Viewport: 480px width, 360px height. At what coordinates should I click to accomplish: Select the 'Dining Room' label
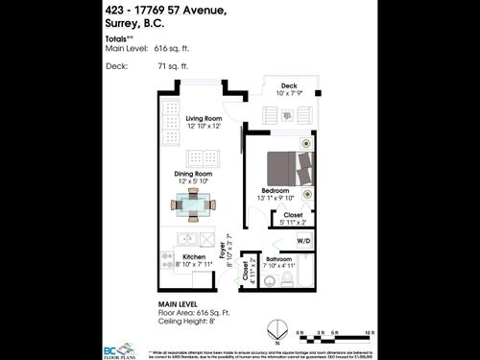pos(195,174)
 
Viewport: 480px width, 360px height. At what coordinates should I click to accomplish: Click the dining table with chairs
pos(194,204)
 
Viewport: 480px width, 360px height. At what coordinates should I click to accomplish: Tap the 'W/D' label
pos(303,240)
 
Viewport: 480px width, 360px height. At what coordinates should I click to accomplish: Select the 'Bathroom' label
pos(279,259)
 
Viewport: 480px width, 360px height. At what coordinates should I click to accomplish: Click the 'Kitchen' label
pos(194,258)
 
